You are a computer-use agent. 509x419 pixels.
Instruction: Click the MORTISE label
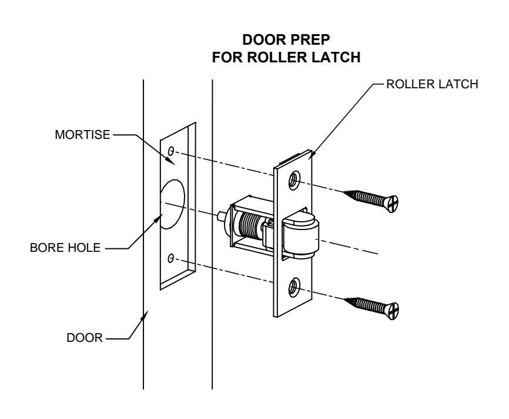(82, 135)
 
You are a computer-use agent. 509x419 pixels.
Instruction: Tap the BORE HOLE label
(65, 248)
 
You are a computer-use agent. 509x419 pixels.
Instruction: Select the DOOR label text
(85, 338)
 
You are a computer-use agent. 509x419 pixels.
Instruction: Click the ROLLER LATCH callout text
(432, 84)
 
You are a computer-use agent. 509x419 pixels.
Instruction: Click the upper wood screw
(371, 201)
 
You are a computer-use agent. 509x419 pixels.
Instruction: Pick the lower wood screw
(371, 308)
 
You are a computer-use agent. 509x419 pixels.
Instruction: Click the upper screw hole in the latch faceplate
(294, 179)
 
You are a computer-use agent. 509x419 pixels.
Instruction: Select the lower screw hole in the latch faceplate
(294, 287)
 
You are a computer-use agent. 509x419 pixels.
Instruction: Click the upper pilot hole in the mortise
(171, 151)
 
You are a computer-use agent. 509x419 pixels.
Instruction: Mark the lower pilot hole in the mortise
(171, 258)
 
